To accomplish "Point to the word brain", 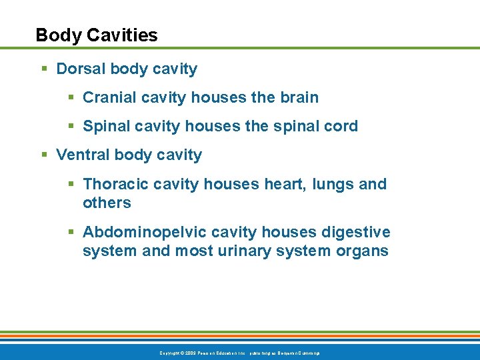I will pyautogui.click(x=298, y=97).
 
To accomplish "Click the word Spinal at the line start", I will pyautogui.click(x=105, y=126).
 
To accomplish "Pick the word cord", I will pyautogui.click(x=341, y=126).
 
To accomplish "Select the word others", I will pyautogui.click(x=107, y=203).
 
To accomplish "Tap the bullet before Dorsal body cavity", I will pyautogui.click(x=45, y=69).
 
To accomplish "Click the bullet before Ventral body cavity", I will pyautogui.click(x=45, y=155).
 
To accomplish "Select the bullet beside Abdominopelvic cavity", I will pyautogui.click(x=71, y=233).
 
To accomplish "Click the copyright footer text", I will pyautogui.click(x=239, y=353).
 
